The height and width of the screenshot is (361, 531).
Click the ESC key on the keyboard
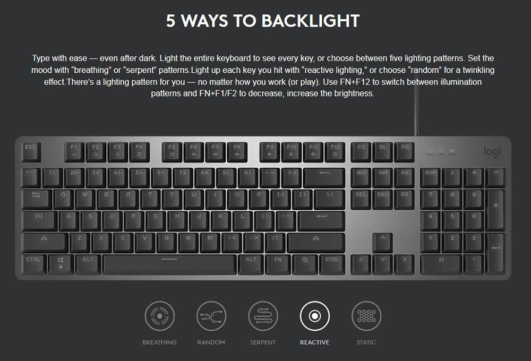pos(31,152)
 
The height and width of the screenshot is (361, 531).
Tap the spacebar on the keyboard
pos(169,264)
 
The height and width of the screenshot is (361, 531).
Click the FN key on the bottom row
pos(278,264)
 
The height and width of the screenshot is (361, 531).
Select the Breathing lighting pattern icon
pos(159,316)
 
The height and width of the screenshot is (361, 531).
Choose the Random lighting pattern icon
pos(211,316)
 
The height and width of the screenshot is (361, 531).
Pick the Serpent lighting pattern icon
pos(263,316)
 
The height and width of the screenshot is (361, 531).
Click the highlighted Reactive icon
pos(314,316)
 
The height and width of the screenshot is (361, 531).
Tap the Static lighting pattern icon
pos(366,316)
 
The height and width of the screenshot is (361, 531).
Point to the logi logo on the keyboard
pos(492,152)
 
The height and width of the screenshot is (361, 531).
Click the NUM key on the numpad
pos(431,177)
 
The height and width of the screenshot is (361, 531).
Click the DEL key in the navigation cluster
pos(361,199)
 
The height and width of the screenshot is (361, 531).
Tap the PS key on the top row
pos(361,152)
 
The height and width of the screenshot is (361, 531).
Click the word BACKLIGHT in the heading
pos(311,21)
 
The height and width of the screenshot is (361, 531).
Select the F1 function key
pos(74,152)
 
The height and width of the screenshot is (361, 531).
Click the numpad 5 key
pos(452,221)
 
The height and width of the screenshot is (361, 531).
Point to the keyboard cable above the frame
pos(416,108)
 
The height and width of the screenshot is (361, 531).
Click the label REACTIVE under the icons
pos(314,342)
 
